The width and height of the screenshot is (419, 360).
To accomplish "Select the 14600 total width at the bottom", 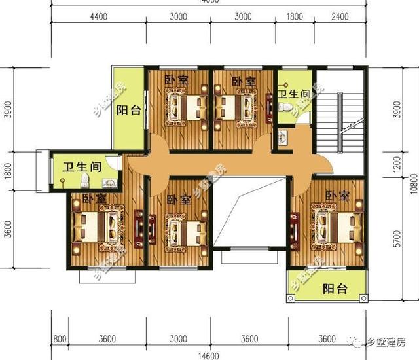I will point(208,355).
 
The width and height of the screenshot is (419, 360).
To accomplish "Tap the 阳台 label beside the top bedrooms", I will point(129,111).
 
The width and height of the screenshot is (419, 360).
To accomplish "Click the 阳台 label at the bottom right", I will point(335,289).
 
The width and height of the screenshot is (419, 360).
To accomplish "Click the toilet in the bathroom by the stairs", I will point(282,137).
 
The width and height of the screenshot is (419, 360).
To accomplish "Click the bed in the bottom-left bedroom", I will point(98,226).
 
